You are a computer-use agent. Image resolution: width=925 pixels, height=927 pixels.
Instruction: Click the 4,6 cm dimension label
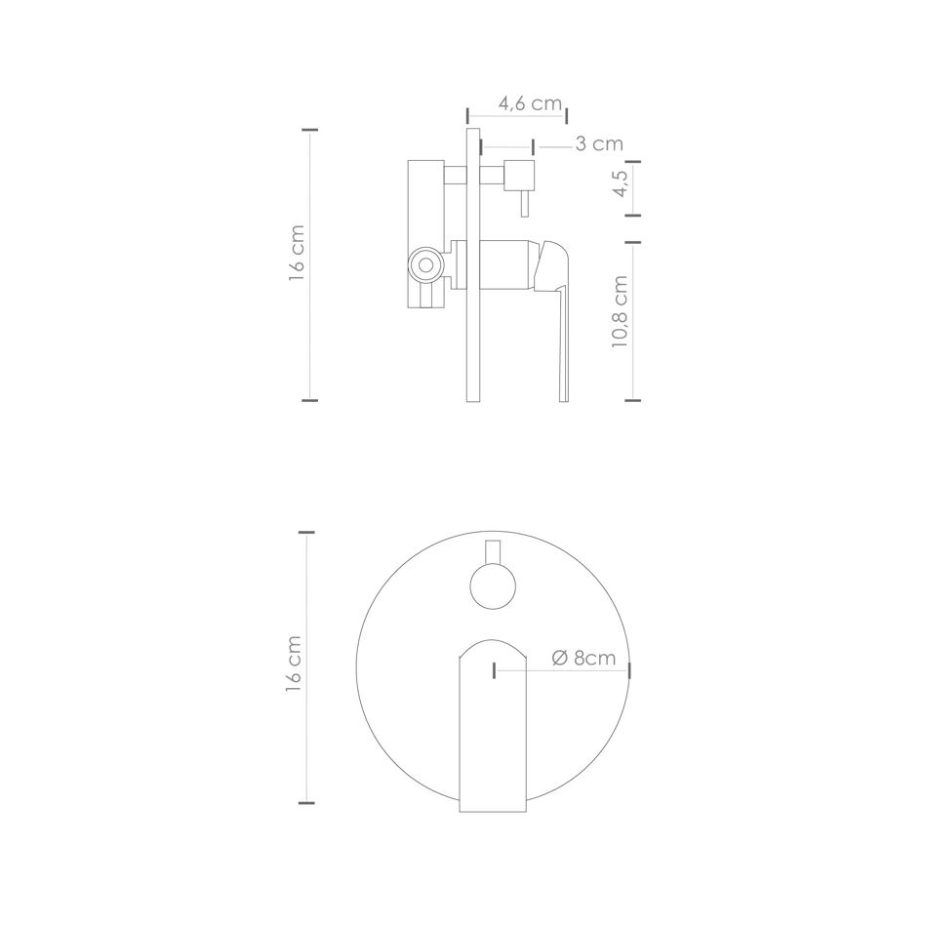coord(530,103)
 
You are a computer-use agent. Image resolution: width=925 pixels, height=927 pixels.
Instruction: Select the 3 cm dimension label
coord(599,143)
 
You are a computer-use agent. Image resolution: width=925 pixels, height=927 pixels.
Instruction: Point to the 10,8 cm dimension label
coord(620,311)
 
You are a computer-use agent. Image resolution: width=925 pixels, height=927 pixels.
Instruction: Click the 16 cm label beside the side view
coord(297,253)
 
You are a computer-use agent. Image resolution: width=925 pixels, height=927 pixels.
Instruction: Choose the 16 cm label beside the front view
coord(293,664)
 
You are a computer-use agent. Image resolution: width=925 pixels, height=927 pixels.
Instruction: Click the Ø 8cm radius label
coord(583,658)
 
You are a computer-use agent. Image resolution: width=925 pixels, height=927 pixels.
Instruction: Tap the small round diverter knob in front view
coord(493,586)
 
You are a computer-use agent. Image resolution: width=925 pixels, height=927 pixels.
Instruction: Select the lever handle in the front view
coord(493,725)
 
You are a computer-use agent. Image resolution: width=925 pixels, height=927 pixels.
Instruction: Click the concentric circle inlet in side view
coord(425,264)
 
